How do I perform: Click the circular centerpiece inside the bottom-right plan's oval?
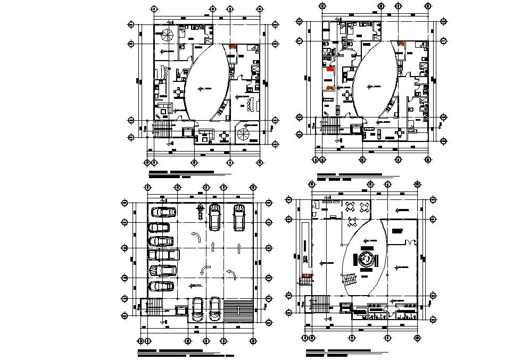click(367, 259)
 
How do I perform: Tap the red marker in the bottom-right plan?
click(305, 276)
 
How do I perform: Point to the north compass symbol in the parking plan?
click(200, 211)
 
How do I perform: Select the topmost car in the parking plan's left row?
click(163, 212)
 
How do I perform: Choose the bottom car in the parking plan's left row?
click(162, 286)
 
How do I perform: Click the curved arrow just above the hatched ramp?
click(231, 274)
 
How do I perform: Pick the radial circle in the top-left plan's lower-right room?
click(244, 133)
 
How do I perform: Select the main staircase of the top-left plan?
click(162, 127)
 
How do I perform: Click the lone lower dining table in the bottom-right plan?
click(351, 221)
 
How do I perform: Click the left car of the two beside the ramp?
click(198, 309)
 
